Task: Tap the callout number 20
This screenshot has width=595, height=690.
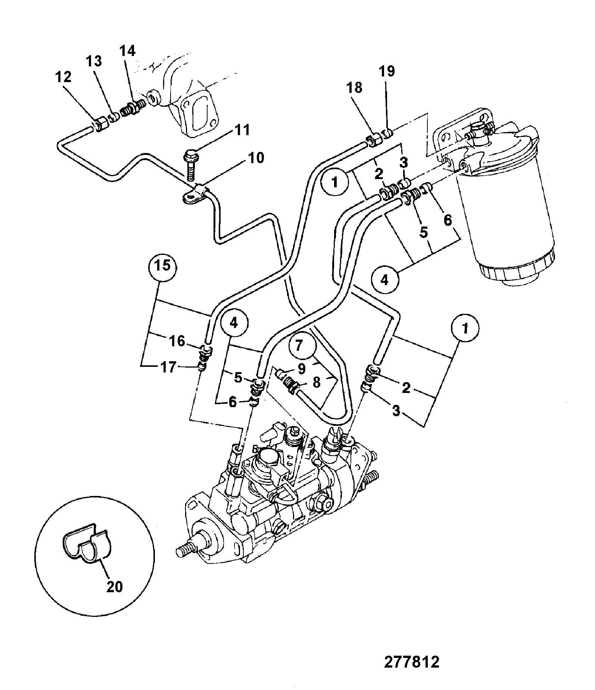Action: click(x=114, y=587)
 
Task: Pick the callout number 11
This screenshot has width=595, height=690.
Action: click(x=242, y=131)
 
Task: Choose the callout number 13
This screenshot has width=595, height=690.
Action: click(x=95, y=61)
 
